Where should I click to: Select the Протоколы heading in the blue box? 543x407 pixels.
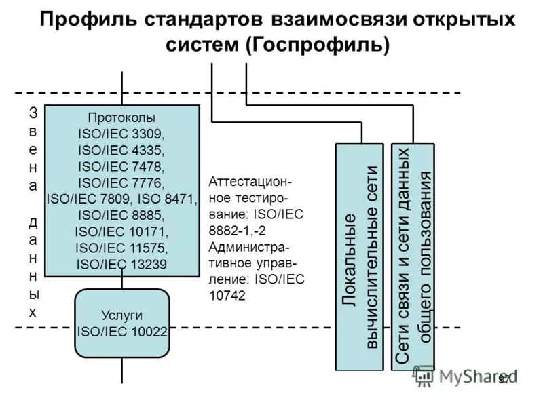click(x=122, y=117)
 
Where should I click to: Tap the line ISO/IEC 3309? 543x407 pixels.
click(x=122, y=133)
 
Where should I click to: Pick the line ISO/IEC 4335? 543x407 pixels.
click(x=122, y=149)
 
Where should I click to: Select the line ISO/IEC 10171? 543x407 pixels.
click(x=122, y=231)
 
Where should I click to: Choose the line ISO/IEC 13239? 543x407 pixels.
click(x=122, y=264)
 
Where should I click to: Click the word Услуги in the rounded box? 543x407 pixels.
click(x=122, y=315)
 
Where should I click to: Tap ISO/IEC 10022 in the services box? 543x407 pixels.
click(x=122, y=332)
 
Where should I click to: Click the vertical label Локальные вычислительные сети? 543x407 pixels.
click(x=360, y=258)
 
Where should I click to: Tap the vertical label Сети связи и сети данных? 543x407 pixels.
click(x=403, y=258)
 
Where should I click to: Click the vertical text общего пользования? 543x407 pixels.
click(x=424, y=258)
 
